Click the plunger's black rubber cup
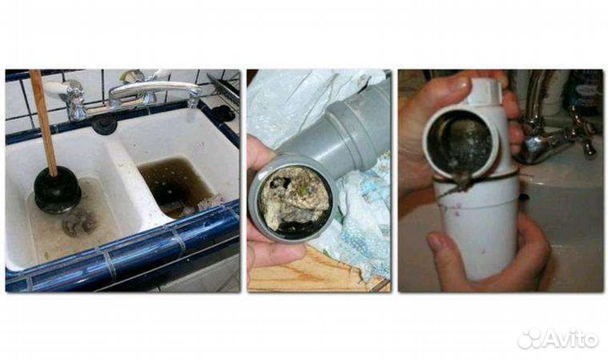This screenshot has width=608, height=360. (57, 190)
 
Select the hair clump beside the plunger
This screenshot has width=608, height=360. (79, 223)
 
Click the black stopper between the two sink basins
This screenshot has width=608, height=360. (104, 125)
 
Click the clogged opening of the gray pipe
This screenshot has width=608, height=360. (294, 201)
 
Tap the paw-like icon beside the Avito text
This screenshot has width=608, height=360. (529, 339)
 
